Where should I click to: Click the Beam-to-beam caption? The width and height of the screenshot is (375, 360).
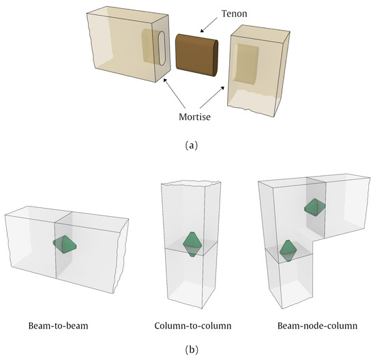(63, 325)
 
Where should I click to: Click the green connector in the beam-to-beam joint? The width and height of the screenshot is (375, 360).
(64, 245)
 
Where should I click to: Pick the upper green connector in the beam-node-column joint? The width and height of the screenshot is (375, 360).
(314, 207)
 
